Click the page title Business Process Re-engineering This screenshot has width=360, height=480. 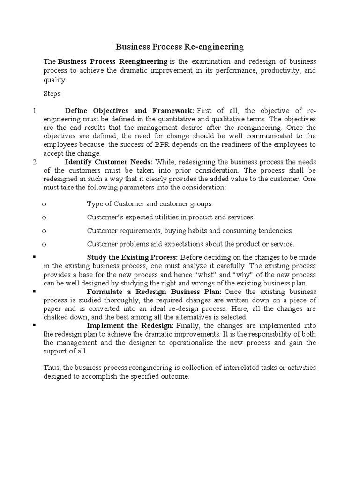click(x=180, y=47)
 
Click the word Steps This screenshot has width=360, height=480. click(x=52, y=94)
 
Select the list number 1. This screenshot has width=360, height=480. click(x=35, y=111)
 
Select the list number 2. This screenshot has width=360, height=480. click(x=35, y=162)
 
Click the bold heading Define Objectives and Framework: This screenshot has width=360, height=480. click(x=129, y=111)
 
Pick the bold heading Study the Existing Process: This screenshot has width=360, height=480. click(x=132, y=257)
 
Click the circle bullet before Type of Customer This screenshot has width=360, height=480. click(x=44, y=204)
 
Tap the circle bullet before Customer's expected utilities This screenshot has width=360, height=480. click(x=44, y=217)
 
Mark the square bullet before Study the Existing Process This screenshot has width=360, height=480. click(x=35, y=257)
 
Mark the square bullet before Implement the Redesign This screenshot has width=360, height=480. click(x=35, y=325)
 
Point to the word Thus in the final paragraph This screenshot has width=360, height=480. click(x=51, y=368)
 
